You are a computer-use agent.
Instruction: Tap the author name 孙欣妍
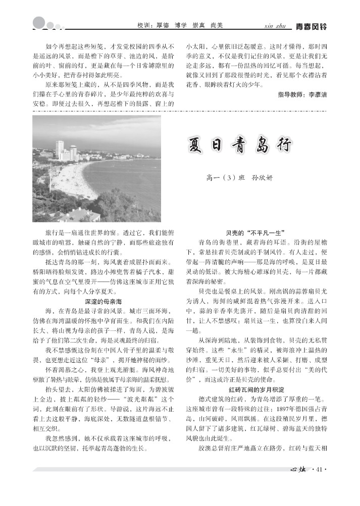(x=262, y=178)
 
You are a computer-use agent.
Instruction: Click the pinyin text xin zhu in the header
(x=275, y=26)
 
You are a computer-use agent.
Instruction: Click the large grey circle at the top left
(x=39, y=23)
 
